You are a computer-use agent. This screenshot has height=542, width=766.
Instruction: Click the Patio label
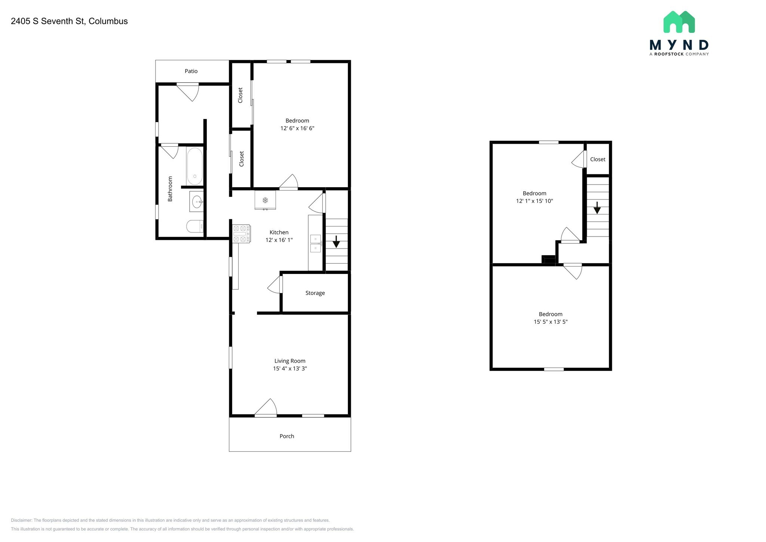pyautogui.click(x=191, y=71)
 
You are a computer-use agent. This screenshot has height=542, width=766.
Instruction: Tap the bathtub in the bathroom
pyautogui.click(x=195, y=166)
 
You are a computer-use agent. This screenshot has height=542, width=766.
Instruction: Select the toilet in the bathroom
pyautogui.click(x=195, y=226)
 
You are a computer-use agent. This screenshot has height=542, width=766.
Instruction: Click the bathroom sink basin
pyautogui.click(x=197, y=202)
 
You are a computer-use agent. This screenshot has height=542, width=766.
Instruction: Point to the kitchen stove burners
pyautogui.click(x=241, y=234)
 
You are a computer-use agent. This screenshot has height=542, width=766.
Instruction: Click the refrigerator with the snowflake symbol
pyautogui.click(x=265, y=200)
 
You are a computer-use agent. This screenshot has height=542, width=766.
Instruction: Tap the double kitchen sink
pyautogui.click(x=315, y=243)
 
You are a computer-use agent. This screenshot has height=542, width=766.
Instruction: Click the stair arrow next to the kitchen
pyautogui.click(x=336, y=241)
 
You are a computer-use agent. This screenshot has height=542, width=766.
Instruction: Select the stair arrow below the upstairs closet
pyautogui.click(x=597, y=208)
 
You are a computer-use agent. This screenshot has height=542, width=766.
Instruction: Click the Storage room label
pyautogui.click(x=315, y=293)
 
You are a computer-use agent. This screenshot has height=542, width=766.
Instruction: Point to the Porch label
pyautogui.click(x=287, y=436)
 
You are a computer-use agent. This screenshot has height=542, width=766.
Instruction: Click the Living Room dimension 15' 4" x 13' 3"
pyautogui.click(x=290, y=369)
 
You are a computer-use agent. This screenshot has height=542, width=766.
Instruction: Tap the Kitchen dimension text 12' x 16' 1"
pyautogui.click(x=279, y=240)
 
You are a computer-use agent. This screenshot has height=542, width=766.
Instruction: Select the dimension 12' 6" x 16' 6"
pyautogui.click(x=297, y=128)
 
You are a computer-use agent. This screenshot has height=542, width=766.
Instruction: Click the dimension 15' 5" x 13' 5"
pyautogui.click(x=551, y=322)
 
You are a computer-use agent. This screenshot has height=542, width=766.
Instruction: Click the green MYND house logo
pyautogui.click(x=679, y=22)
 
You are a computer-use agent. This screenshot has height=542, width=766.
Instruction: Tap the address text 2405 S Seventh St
pyautogui.click(x=48, y=21)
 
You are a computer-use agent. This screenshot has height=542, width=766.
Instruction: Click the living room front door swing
pyautogui.click(x=266, y=407)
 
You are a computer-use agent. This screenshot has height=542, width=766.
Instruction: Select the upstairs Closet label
pyautogui.click(x=598, y=159)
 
